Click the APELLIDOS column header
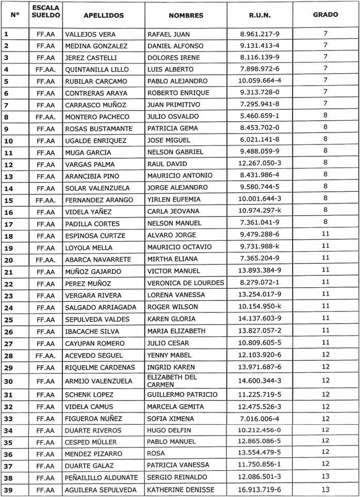(x=103, y=15)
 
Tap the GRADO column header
(x=325, y=15)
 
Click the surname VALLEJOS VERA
(x=90, y=34)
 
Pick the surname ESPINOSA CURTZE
(x=95, y=236)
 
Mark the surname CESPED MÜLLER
(x=91, y=442)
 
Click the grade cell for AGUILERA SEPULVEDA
(x=325, y=489)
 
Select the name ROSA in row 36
(x=156, y=454)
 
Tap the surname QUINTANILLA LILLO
(x=96, y=69)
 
